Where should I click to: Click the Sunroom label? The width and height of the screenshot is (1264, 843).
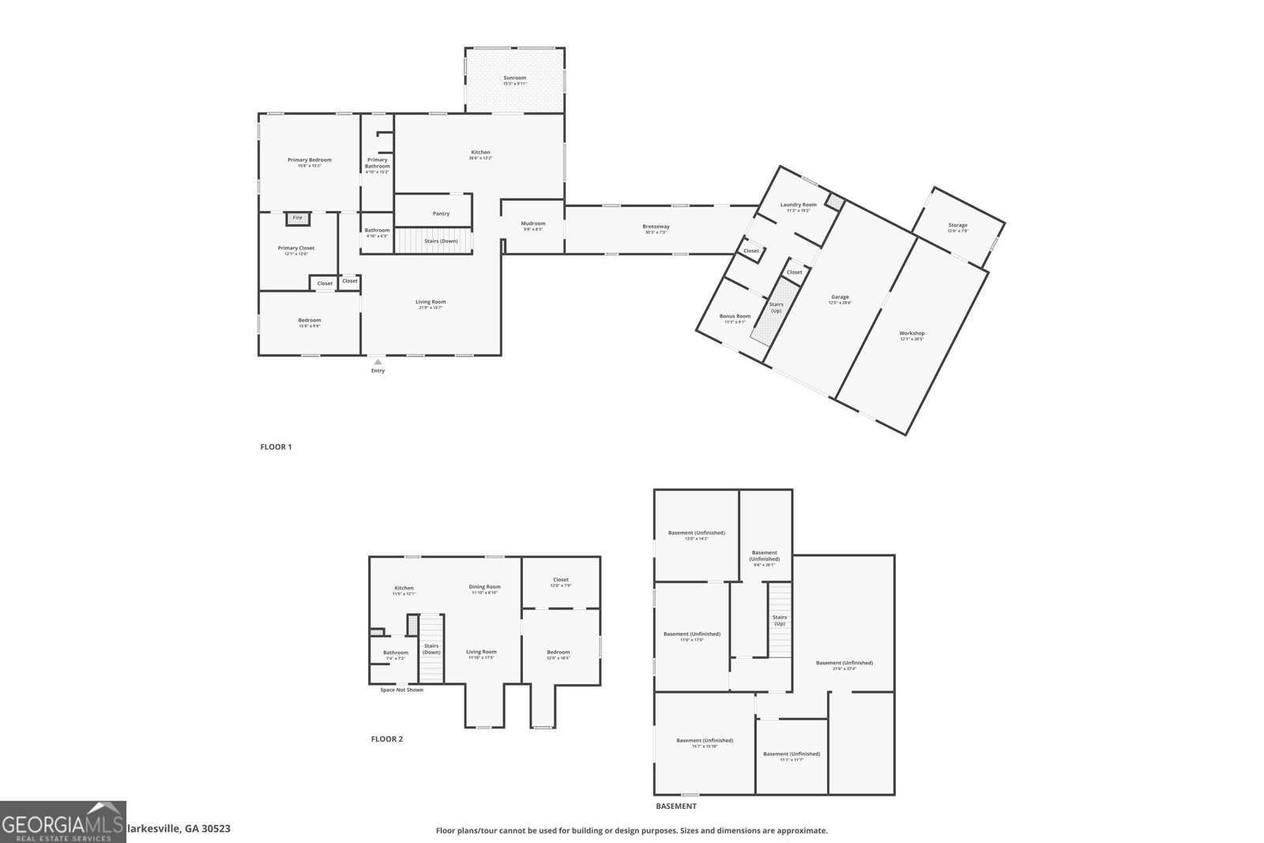(514, 78)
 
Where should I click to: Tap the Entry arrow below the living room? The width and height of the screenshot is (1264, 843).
(378, 363)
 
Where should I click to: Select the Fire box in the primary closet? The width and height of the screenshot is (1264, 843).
(298, 218)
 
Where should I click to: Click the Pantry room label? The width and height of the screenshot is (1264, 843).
(441, 213)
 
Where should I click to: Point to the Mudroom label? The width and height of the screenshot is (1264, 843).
(533, 224)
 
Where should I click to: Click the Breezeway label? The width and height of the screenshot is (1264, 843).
(656, 227)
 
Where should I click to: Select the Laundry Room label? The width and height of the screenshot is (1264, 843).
(798, 205)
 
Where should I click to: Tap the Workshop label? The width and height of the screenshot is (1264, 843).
(912, 333)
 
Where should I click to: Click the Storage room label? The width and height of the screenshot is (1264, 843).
(957, 225)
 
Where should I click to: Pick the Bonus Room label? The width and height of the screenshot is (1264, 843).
(735, 316)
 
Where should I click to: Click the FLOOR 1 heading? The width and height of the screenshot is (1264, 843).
(276, 447)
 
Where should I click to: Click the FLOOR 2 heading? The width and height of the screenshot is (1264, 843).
(386, 740)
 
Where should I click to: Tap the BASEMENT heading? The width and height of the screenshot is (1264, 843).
(675, 807)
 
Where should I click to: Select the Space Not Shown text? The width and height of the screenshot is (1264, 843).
(401, 690)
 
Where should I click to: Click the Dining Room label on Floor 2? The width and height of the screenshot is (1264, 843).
(484, 587)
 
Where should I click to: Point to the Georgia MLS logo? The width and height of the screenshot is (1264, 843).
(62, 822)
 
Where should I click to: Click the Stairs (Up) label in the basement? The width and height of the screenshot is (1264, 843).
(780, 620)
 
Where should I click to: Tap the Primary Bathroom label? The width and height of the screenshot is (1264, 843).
(377, 163)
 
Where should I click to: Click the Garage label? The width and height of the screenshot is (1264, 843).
(840, 298)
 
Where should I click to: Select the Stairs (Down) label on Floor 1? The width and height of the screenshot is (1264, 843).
(441, 241)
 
